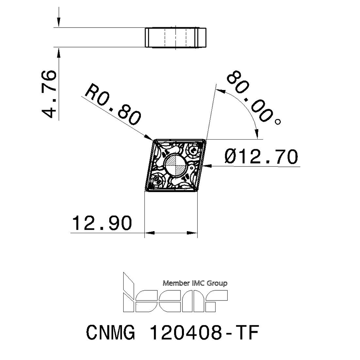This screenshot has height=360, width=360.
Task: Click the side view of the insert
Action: [x=175, y=37]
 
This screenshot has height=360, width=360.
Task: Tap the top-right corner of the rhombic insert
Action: [x=204, y=140]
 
